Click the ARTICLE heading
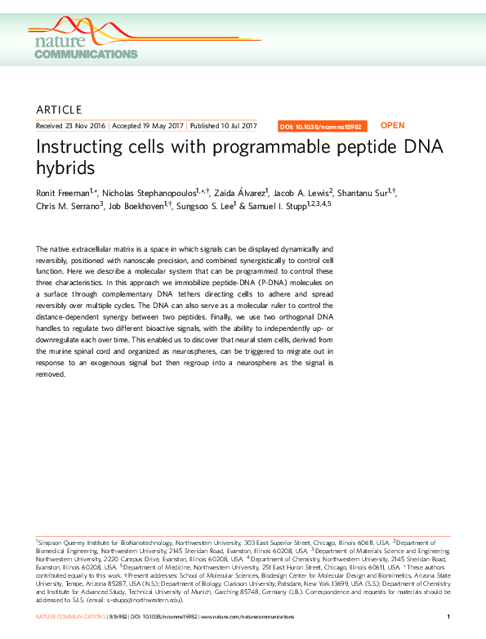pos(60,109)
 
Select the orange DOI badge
pos(323,127)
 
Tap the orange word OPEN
pos(392,126)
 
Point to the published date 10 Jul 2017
pos(237,126)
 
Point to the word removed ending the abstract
pos(51,375)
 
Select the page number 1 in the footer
pos(449,615)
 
